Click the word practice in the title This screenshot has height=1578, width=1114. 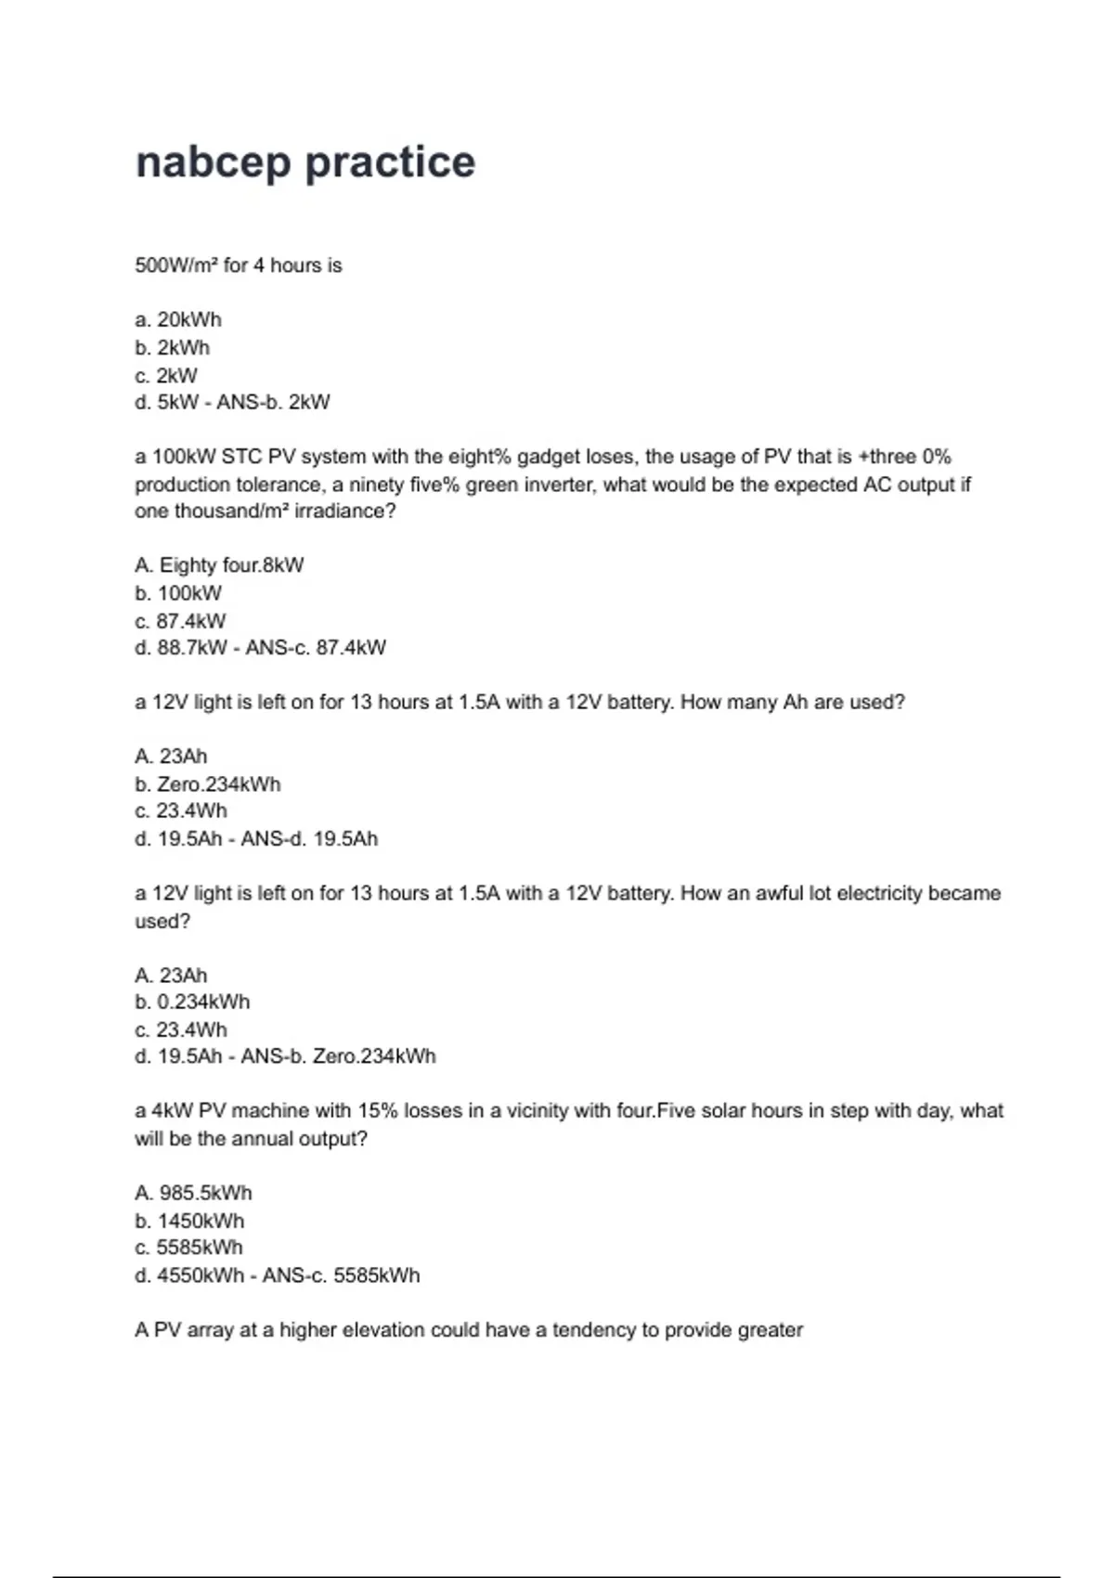click(390, 163)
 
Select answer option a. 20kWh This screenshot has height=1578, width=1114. click(178, 320)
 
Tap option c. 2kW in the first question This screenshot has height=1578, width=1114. click(166, 376)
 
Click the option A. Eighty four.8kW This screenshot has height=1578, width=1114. click(219, 565)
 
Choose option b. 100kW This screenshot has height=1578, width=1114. click(178, 593)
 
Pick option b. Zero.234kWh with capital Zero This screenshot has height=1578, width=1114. click(207, 784)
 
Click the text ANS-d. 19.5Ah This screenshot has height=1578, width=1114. click(309, 839)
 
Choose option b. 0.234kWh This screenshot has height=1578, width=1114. click(192, 1002)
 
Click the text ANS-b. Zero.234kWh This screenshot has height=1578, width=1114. click(338, 1056)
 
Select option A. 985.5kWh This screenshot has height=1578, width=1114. click(193, 1193)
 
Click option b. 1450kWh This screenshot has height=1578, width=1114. click(189, 1221)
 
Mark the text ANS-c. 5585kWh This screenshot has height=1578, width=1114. click(341, 1275)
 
